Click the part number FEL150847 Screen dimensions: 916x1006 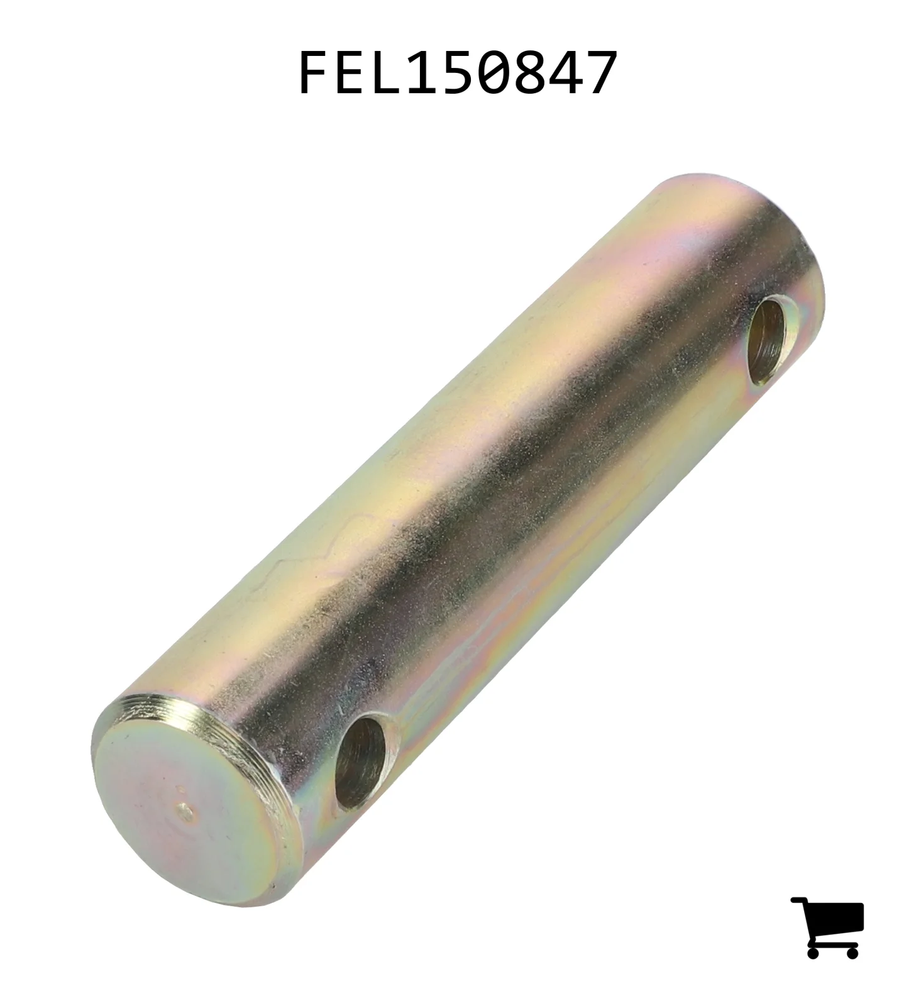[x=457, y=74]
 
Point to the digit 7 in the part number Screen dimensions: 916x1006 [x=601, y=74]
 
